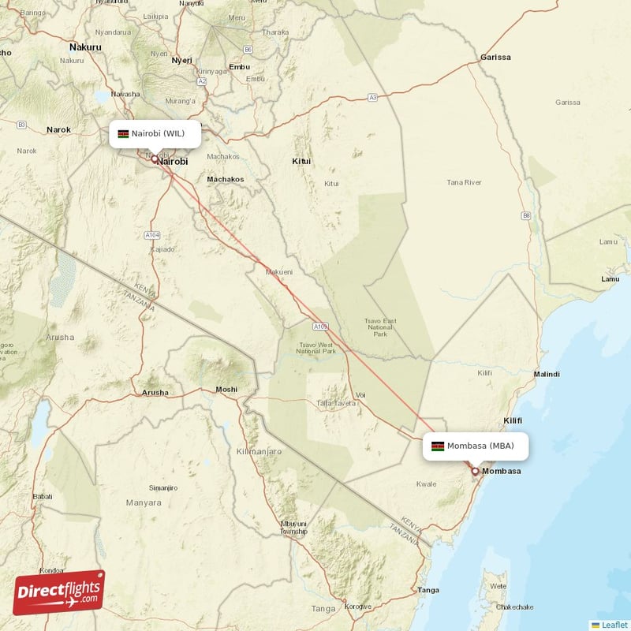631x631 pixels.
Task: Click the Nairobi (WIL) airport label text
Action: [158, 133]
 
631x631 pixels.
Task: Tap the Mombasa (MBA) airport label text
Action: [480, 446]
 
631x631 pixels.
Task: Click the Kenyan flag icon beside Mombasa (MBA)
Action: [437, 446]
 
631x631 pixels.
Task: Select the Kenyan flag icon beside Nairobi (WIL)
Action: [123, 133]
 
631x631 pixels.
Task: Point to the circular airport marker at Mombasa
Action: [475, 472]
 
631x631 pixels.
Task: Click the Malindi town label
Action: [547, 374]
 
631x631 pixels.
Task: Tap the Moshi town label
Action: [226, 389]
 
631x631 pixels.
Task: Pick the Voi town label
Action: [361, 394]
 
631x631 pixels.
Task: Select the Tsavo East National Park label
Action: [381, 328]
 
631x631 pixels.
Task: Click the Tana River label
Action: [464, 182]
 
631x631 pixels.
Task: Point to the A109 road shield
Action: [319, 325]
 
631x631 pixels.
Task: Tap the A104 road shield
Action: [153, 235]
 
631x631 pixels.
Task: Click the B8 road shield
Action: [526, 215]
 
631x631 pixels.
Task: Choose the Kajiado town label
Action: [162, 248]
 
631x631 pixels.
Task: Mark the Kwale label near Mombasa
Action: [426, 484]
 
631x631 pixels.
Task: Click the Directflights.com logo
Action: [59, 592]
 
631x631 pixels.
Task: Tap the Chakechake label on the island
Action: [515, 607]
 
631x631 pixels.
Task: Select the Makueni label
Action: [279, 271]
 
